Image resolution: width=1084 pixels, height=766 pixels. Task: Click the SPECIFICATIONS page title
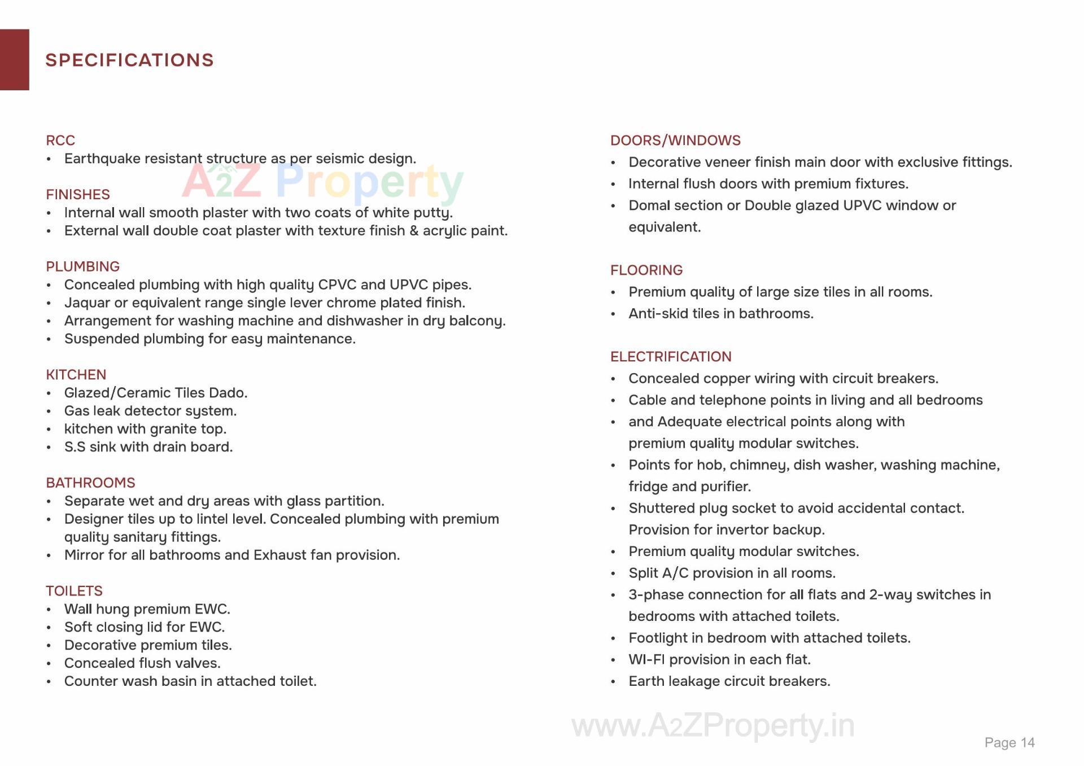point(129,60)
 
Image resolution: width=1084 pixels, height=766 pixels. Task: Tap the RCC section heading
point(60,141)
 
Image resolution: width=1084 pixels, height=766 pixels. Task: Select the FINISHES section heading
point(78,195)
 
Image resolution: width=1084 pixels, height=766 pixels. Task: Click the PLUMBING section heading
point(83,266)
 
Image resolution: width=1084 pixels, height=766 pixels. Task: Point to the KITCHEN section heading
point(76,375)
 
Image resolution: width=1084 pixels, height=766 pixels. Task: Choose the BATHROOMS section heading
point(91,483)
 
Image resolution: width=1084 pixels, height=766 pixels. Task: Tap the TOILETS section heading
point(75,591)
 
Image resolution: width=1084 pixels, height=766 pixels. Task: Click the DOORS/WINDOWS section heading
point(675,141)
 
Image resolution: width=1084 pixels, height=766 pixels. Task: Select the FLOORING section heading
point(646,270)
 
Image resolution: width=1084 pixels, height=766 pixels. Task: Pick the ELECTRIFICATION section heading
point(671,357)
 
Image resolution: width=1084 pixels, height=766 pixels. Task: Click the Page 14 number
point(1009,743)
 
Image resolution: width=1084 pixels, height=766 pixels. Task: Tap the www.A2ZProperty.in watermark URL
point(713,725)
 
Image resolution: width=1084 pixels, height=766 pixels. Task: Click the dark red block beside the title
point(14,60)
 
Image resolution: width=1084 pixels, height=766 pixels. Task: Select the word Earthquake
point(102,159)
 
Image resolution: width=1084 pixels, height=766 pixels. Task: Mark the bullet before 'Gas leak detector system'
point(49,412)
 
